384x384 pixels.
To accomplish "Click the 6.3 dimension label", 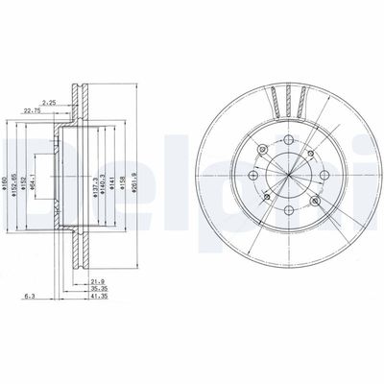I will point(32,296).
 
